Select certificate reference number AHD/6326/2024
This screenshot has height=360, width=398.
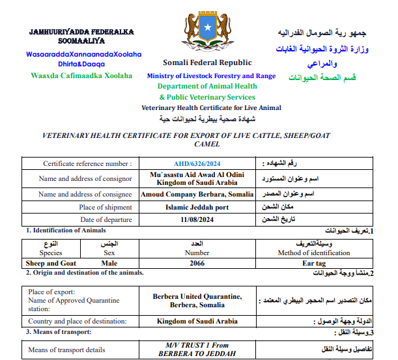[x=197, y=164]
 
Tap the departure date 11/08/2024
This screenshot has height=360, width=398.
[x=197, y=220]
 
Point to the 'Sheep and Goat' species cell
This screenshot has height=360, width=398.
[x=51, y=263]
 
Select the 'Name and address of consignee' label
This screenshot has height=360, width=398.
[x=85, y=194]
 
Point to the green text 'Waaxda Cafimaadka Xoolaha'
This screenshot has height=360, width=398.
[x=81, y=76]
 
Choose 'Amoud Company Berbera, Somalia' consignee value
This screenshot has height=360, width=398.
[x=196, y=194]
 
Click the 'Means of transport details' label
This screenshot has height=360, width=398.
[x=66, y=350]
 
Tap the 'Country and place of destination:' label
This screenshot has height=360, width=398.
[x=78, y=321]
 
